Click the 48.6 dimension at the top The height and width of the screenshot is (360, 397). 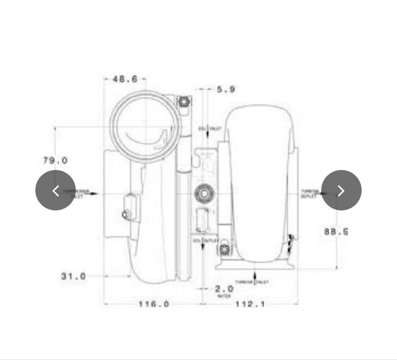click(125, 79)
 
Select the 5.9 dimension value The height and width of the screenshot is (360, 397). click(226, 89)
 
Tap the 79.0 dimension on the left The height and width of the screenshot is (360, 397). click(55, 161)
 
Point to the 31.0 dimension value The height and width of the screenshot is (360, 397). click(74, 276)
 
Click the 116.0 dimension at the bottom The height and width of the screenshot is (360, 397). click(153, 304)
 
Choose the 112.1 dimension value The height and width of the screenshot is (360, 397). click(250, 304)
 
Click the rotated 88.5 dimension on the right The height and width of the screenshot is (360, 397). click(336, 231)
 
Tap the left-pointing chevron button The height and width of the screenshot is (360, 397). click(56, 190)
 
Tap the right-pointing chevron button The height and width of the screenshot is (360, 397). click(341, 190)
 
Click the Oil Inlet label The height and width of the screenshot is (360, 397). click(209, 128)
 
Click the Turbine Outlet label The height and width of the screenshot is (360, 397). click(309, 194)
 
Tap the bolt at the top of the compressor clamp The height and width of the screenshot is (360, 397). click(184, 101)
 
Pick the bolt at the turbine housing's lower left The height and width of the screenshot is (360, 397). click(225, 250)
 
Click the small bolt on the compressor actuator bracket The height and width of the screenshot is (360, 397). click(125, 214)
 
